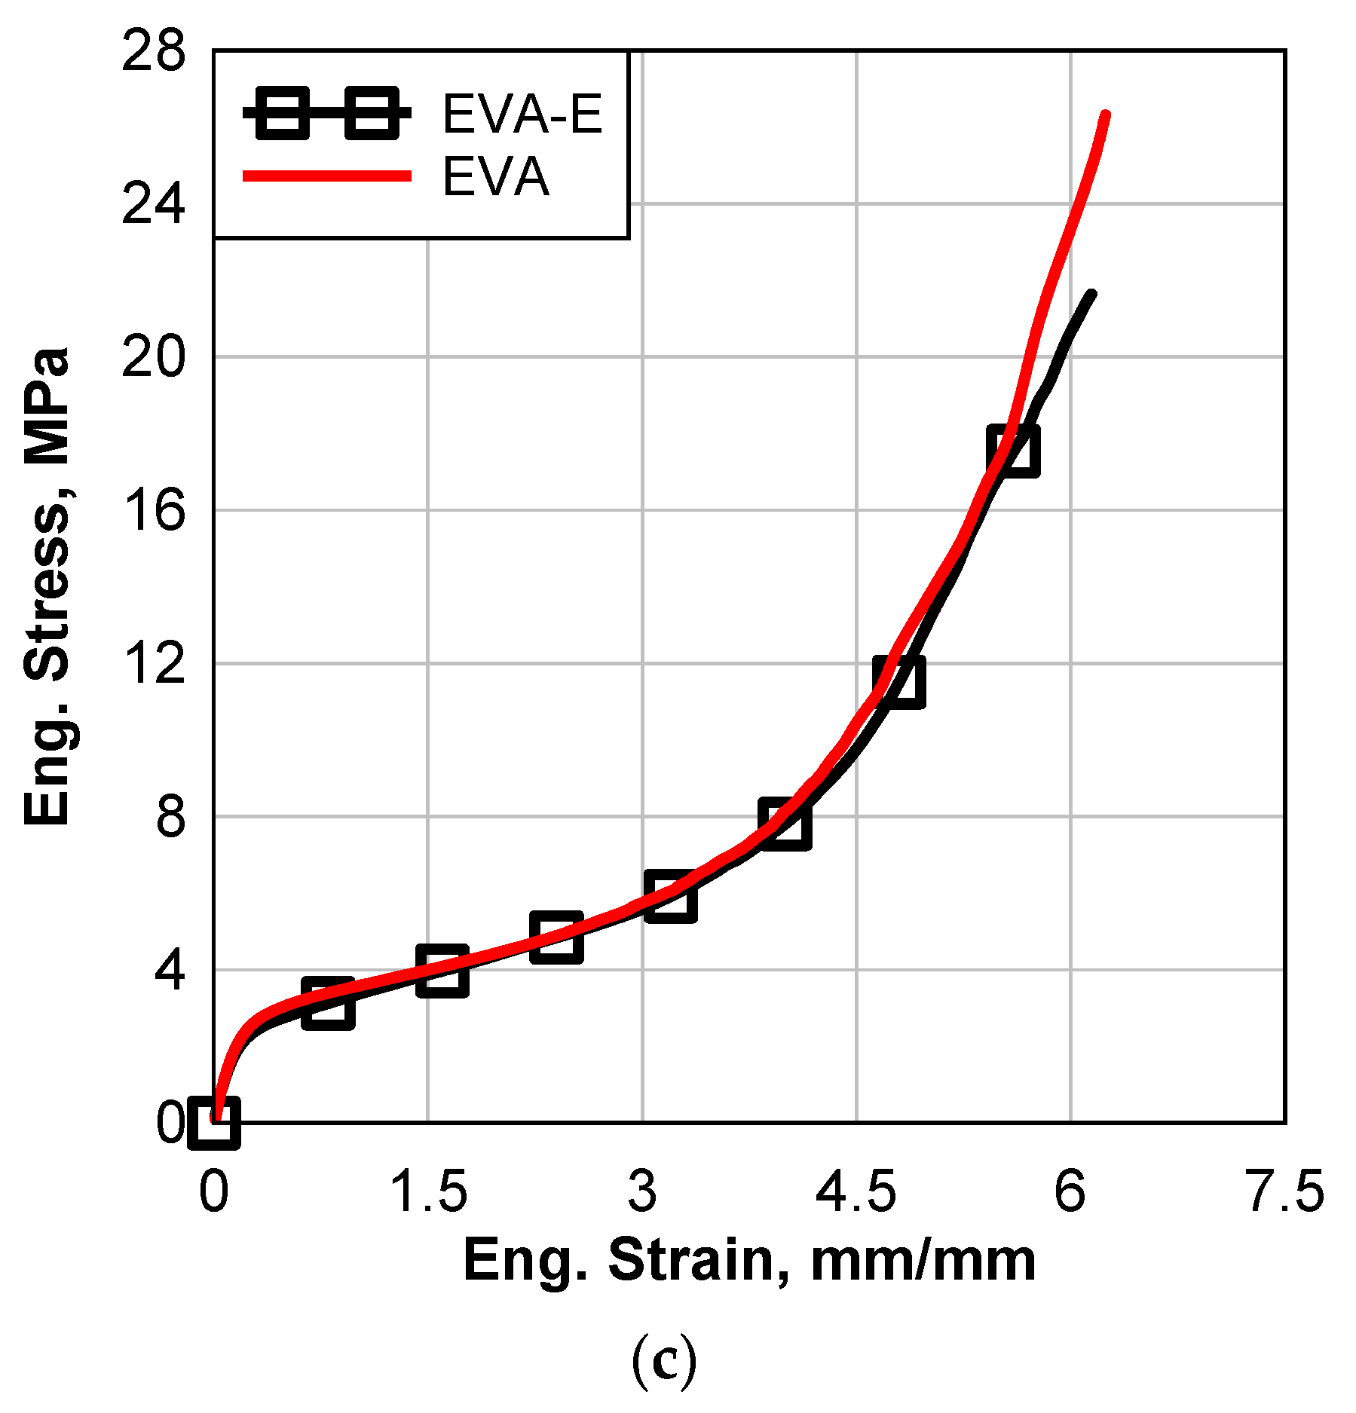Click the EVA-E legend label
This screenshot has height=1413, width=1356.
click(x=522, y=115)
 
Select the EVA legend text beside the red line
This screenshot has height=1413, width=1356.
click(x=495, y=178)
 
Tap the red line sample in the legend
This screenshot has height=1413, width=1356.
click(x=326, y=176)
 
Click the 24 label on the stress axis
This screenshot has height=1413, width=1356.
click(x=153, y=204)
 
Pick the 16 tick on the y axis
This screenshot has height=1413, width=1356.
click(x=153, y=510)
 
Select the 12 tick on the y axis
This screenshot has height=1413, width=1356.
click(x=153, y=664)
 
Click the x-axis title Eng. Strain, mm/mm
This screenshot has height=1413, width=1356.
click(x=749, y=1260)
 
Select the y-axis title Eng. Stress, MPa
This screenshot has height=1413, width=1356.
click(x=47, y=586)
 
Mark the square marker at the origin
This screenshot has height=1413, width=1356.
click(x=214, y=1122)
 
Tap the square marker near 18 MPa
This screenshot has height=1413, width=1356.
click(x=1013, y=451)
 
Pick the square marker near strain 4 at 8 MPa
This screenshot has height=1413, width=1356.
click(x=785, y=823)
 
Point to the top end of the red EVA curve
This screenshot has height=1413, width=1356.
click(x=1105, y=115)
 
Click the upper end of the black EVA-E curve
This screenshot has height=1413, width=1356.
click(x=1091, y=295)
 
